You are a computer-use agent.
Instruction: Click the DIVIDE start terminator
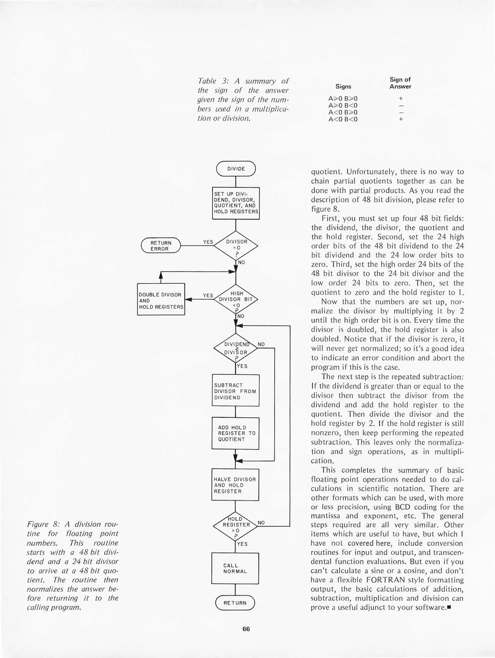pyautogui.click(x=236, y=168)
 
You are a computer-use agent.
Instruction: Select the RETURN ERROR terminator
pyautogui.click(x=161, y=246)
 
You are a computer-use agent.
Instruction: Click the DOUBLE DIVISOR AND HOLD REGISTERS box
pyautogui.click(x=161, y=300)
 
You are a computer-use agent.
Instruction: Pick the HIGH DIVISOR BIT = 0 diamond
pyautogui.click(x=236, y=299)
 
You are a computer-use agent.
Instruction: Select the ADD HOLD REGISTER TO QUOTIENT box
pyautogui.click(x=235, y=433)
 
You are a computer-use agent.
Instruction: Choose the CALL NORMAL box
pyautogui.click(x=235, y=568)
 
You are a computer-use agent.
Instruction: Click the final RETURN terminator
pyautogui.click(x=235, y=603)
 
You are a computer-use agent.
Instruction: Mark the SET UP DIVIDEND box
pyautogui.click(x=236, y=203)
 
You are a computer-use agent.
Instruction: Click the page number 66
pyautogui.click(x=246, y=629)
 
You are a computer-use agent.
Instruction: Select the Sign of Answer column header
pyautogui.click(x=400, y=83)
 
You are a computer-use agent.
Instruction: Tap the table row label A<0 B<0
pyautogui.click(x=343, y=119)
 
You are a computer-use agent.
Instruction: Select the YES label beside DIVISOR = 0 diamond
pyautogui.click(x=208, y=242)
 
